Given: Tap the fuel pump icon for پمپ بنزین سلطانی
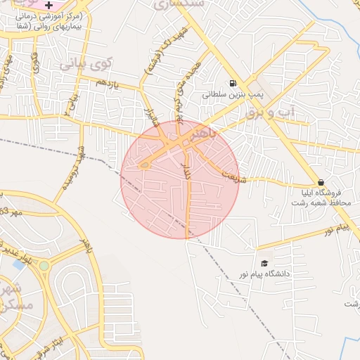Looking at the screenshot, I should coord(233,82).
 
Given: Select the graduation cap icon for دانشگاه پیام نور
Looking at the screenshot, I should coord(264,263).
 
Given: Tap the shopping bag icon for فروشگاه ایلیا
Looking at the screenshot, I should coord(321,181).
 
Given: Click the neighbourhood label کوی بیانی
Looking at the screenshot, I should coord(85,65).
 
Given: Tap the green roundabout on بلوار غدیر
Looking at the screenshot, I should coord(44,266).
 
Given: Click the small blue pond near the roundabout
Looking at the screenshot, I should coord(19,264).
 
